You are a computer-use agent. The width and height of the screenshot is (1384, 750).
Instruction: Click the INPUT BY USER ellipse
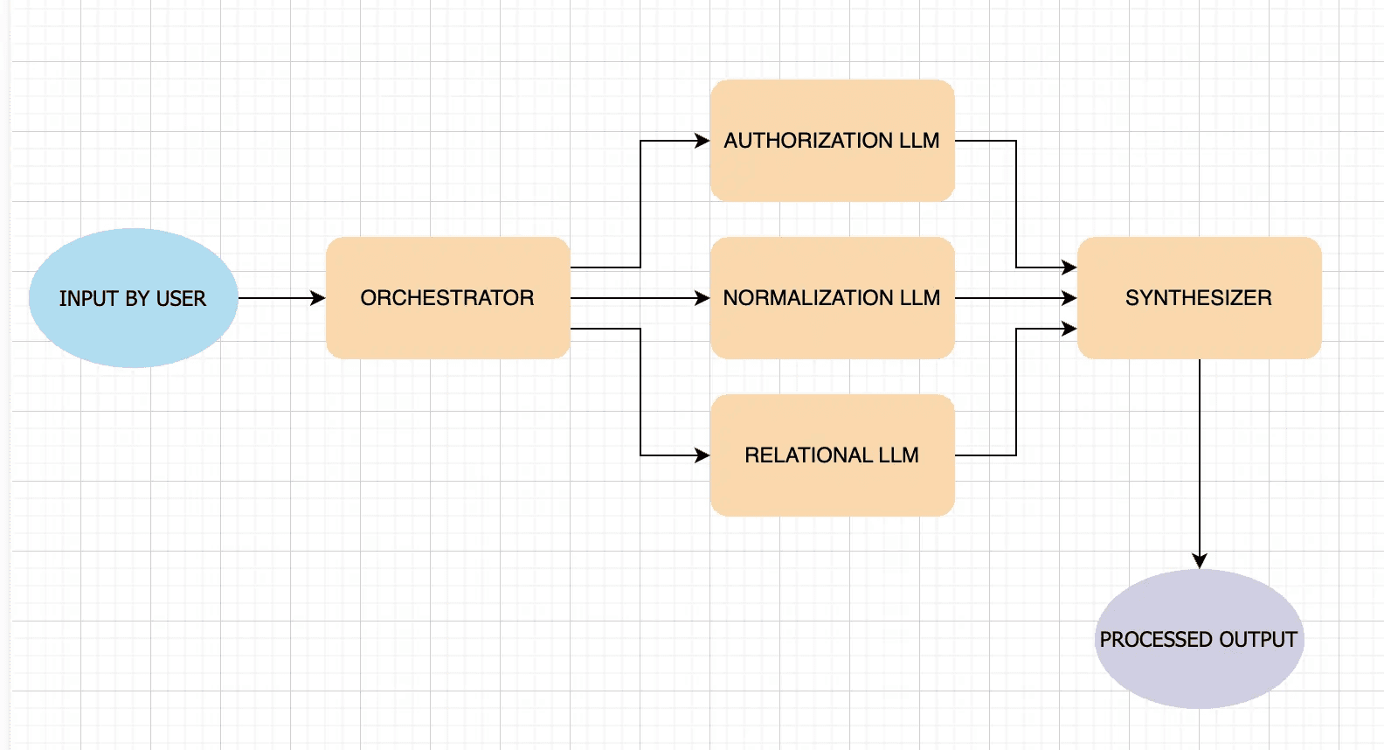(134, 298)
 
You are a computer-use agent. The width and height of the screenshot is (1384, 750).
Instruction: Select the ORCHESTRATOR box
(448, 298)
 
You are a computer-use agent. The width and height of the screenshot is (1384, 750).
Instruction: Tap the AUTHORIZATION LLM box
(833, 141)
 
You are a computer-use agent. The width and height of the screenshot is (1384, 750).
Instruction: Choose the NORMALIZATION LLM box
(833, 298)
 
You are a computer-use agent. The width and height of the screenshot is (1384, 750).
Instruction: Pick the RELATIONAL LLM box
(833, 455)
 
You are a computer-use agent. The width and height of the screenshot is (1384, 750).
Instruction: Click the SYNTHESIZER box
(1200, 298)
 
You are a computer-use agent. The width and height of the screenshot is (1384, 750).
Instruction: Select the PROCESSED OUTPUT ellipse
(1200, 639)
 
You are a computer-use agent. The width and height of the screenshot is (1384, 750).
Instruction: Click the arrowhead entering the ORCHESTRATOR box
(317, 298)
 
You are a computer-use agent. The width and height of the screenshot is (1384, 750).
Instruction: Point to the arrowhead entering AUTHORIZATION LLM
(702, 141)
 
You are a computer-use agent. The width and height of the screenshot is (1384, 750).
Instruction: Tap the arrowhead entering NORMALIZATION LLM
(702, 298)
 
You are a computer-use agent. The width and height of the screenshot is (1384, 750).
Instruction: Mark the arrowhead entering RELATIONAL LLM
(702, 455)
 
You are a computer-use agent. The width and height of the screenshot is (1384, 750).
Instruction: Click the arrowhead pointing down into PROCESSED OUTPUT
(1200, 561)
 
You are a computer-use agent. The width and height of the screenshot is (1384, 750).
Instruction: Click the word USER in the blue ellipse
(181, 299)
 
